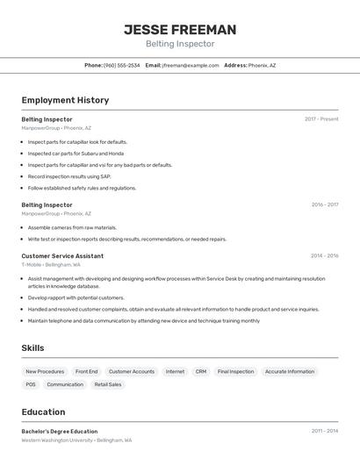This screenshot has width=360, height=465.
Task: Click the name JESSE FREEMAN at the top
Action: [x=180, y=29]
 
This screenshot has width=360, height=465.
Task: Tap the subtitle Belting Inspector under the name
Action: [x=180, y=44]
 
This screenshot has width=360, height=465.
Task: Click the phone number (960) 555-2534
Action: [x=122, y=65]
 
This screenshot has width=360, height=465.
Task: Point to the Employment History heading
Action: [x=65, y=100]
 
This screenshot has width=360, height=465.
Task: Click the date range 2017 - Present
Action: [x=321, y=118]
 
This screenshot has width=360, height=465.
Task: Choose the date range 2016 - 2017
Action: [x=324, y=204]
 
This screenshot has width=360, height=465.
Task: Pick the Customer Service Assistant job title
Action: [x=62, y=256]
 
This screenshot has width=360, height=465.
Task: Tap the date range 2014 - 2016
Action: [x=324, y=256]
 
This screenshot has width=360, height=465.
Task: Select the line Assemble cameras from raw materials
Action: [x=72, y=227]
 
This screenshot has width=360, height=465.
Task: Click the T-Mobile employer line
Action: [x=51, y=264]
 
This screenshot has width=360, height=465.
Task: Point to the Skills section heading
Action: [x=32, y=348]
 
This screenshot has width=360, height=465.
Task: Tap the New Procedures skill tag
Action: [x=45, y=371]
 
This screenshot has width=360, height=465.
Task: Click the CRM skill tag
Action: [x=201, y=371]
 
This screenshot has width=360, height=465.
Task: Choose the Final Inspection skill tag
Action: [x=235, y=371]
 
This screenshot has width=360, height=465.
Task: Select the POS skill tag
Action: [x=31, y=384]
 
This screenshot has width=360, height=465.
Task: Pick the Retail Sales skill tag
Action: [x=108, y=384]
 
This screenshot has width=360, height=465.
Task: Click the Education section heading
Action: [x=43, y=412]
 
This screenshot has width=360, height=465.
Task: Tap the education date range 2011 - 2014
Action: [x=324, y=432]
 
